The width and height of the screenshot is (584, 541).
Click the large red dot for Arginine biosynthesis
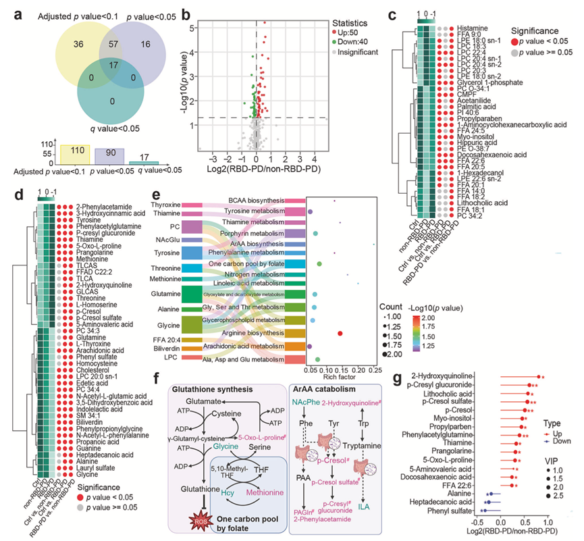[x=340, y=333]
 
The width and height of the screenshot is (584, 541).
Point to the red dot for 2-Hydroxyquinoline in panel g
[x=539, y=376]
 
